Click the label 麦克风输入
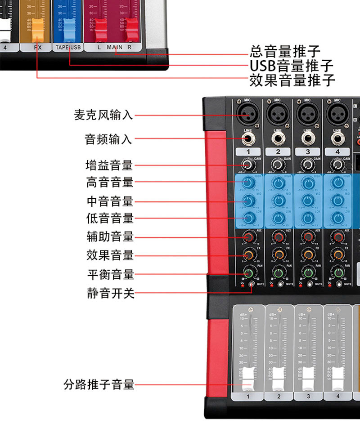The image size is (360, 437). click(103, 115)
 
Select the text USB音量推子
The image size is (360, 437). click(292, 66)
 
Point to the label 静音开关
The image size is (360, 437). click(110, 294)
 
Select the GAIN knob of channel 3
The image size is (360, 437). click(307, 165)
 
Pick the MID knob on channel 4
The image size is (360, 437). click(337, 201)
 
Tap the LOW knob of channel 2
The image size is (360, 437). click(278, 218)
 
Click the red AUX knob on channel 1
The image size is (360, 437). click(247, 236)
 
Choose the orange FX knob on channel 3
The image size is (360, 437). click(307, 255)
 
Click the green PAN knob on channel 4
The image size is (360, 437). click(337, 273)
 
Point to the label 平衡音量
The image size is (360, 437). click(110, 274)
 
